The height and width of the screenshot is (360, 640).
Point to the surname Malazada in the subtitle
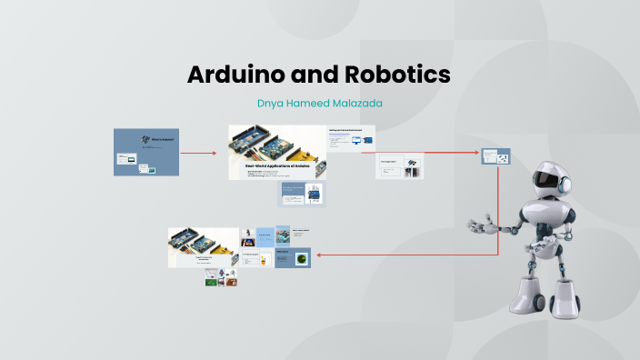coord(355,104)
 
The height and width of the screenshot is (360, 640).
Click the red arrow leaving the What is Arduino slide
coord(199,152)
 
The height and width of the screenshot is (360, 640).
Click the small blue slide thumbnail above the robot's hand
coord(495,156)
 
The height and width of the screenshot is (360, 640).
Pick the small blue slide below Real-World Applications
coord(301,194)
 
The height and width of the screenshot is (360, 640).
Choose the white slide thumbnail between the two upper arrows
coord(401,165)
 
